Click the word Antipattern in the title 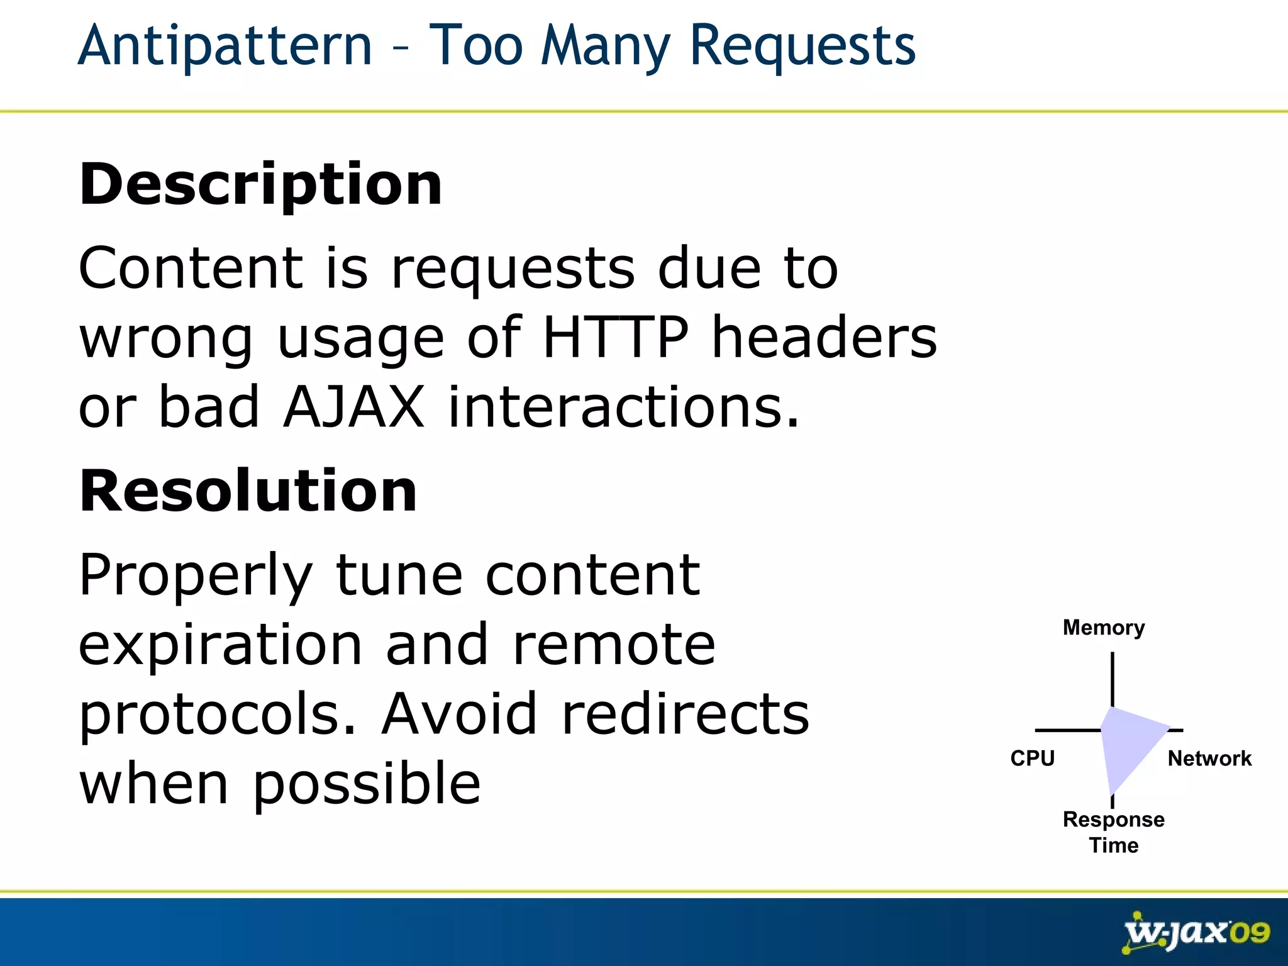click(225, 45)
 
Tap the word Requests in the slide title click(802, 47)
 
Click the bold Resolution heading click(248, 491)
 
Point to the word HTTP click(615, 338)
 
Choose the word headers click(824, 338)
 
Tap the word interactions click(623, 407)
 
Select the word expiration click(221, 646)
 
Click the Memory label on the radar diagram click(1104, 628)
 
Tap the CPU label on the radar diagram click(1032, 758)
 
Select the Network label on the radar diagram click(1209, 758)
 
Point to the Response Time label click(1113, 832)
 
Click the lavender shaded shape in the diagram click(1126, 742)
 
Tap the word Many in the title click(605, 47)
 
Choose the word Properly click(196, 576)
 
